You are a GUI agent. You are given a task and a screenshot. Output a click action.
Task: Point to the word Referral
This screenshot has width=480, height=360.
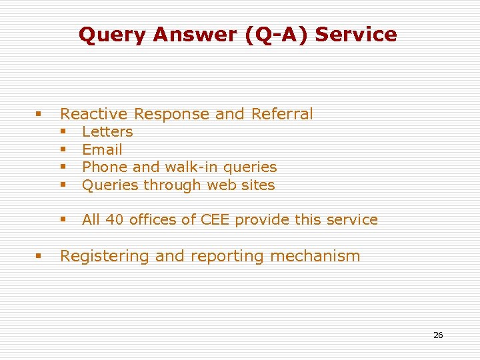point(282,114)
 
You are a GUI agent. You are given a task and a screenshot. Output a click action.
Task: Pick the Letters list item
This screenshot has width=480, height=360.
point(107,132)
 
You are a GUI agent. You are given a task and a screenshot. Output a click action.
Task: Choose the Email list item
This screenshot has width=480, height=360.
point(102,150)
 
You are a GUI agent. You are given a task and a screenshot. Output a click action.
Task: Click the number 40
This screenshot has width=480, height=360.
point(115,220)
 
